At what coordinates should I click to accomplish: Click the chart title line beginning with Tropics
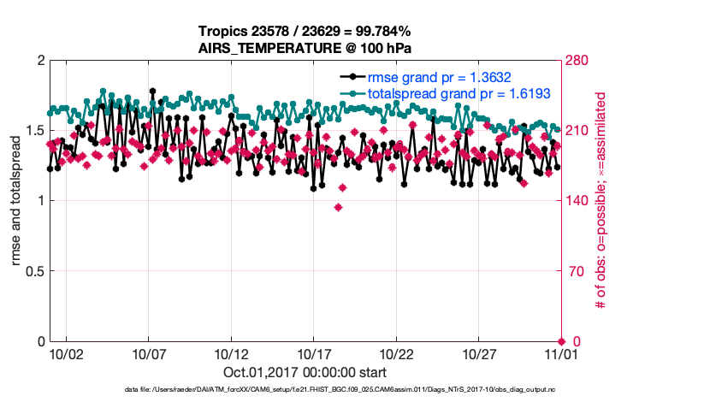305,32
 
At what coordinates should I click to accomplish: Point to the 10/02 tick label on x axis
66,354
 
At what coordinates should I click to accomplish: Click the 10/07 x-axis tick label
149,354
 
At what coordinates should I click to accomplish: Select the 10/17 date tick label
314,354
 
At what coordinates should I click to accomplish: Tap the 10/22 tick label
397,354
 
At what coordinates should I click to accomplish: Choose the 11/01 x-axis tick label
562,354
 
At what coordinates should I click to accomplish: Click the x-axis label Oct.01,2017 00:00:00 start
305,373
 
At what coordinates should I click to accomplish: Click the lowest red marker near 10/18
339,207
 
